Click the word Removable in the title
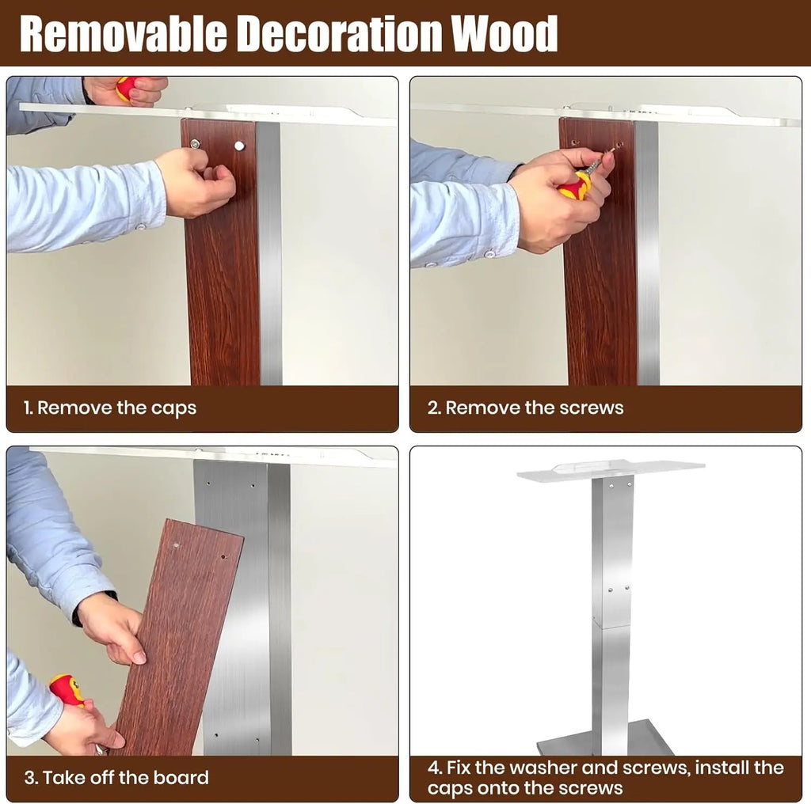123,34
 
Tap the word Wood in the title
504,34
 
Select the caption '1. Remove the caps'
109,408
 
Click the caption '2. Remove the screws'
526,408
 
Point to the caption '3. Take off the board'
116,778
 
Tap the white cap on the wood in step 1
239,146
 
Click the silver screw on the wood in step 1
195,144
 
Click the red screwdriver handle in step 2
575,185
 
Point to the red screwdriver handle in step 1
126,88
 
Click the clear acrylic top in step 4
611,470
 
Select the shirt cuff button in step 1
139,226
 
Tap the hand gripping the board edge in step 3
111,628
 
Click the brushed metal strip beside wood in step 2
647,253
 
